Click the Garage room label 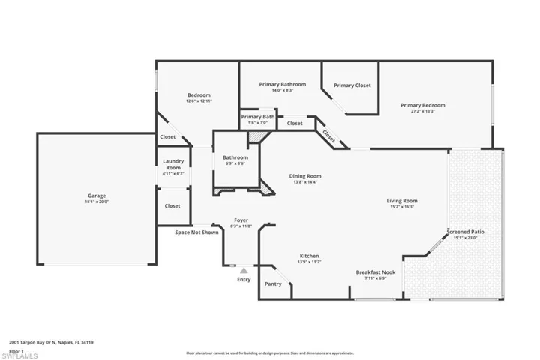pyautogui.click(x=97, y=196)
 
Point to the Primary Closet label pyautogui.click(x=352, y=85)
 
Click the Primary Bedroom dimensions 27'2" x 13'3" pyautogui.click(x=422, y=111)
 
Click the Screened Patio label pyautogui.click(x=466, y=232)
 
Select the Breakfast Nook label pyautogui.click(x=376, y=271)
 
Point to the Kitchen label pyautogui.click(x=310, y=256)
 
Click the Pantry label pyautogui.click(x=273, y=284)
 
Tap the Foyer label pyautogui.click(x=241, y=220)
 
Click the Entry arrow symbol pyautogui.click(x=244, y=270)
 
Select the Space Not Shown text pyautogui.click(x=197, y=232)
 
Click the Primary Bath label pyautogui.click(x=258, y=117)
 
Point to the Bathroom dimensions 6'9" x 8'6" pyautogui.click(x=235, y=163)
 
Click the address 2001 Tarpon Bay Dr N pyautogui.click(x=37, y=342)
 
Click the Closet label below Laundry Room pyautogui.click(x=172, y=205)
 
